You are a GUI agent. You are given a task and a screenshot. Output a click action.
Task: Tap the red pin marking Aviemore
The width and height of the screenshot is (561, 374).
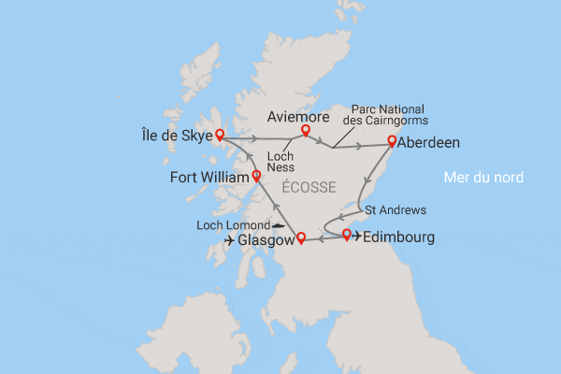tap(306, 132)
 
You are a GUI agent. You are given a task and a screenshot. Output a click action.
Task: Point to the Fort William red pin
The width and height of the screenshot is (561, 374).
tap(256, 176)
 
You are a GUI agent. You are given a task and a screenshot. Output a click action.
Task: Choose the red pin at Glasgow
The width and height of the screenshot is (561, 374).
tap(300, 238)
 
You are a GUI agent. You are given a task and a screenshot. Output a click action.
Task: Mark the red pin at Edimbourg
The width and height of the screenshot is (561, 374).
tap(347, 234)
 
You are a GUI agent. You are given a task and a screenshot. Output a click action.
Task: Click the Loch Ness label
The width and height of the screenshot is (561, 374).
tap(278, 161)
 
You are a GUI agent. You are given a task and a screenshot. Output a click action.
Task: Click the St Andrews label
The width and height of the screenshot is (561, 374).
tap(395, 209)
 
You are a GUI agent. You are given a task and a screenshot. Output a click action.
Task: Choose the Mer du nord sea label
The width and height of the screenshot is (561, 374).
tap(483, 178)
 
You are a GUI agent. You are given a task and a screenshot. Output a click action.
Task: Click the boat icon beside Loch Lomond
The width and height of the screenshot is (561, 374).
tap(279, 225)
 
